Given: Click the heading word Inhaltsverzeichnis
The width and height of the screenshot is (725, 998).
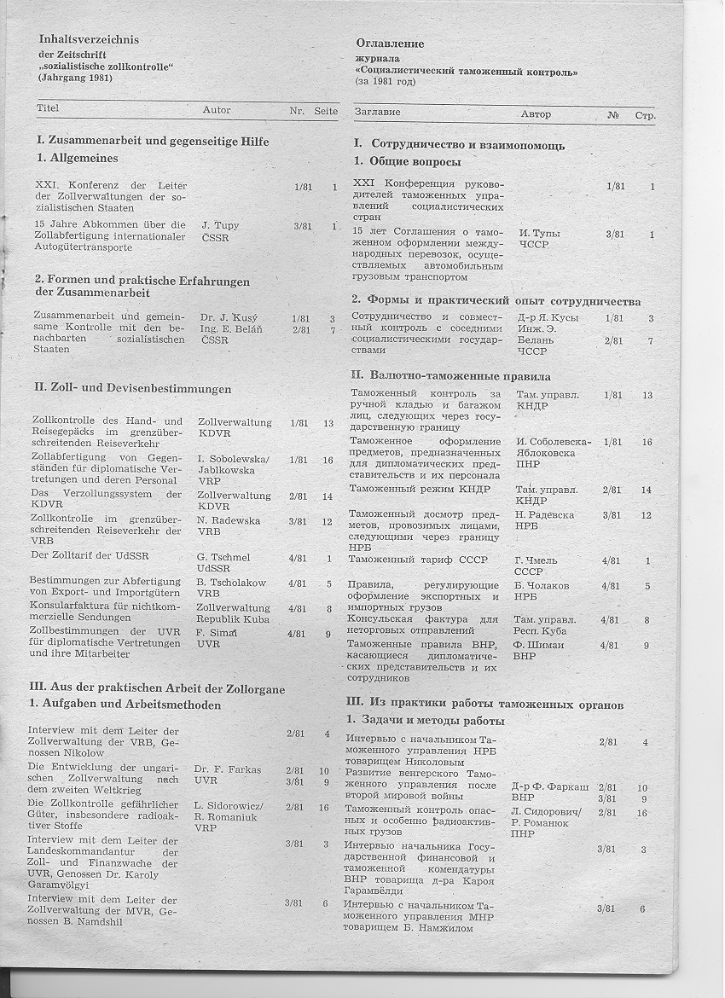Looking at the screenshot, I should [89, 39].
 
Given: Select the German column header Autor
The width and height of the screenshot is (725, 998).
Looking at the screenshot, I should [217, 110].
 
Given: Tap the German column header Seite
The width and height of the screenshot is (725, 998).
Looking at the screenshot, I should [326, 111].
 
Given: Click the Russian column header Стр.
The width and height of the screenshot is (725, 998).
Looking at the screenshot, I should [645, 114].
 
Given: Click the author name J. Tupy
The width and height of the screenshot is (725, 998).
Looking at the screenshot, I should [220, 226].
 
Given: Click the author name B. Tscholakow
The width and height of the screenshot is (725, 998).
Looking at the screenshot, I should [231, 582].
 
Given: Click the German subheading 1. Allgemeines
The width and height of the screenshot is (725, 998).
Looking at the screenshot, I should [77, 158].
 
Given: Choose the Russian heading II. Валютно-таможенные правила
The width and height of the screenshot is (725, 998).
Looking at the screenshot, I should [451, 375].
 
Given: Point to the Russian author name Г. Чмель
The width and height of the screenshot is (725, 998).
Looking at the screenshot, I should [536, 560].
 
